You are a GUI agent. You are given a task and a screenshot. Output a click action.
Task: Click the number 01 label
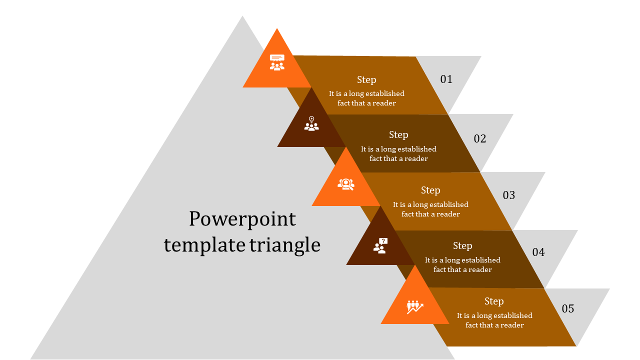coord(446,79)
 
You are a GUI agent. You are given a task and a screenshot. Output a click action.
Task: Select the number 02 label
coord(480,138)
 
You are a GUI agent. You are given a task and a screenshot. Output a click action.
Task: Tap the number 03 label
coord(509,195)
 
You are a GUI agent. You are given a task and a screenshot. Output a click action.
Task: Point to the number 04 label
coord(538,252)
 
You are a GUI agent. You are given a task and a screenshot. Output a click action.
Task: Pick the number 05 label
coord(568,308)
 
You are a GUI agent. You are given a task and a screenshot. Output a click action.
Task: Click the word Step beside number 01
coord(366,79)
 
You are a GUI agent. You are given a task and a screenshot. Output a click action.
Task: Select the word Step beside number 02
coord(398,134)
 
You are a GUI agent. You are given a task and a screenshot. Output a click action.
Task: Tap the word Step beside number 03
coord(430,190)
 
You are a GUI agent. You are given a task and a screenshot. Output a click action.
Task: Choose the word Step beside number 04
coord(462,245)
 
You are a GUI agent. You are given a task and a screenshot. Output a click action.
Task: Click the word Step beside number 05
coord(494,301)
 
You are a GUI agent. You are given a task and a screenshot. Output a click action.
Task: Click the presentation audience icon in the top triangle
coord(277,62)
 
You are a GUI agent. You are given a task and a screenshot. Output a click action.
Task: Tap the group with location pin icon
coord(311,124)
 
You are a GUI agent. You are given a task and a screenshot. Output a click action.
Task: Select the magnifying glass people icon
coord(346,184)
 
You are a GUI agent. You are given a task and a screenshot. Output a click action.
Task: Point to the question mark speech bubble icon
coord(380,245)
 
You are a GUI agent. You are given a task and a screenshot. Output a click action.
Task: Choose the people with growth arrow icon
coord(415,306)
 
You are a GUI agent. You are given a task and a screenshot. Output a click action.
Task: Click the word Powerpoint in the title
coord(242,219)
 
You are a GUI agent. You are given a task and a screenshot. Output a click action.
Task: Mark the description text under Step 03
coord(430,209)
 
